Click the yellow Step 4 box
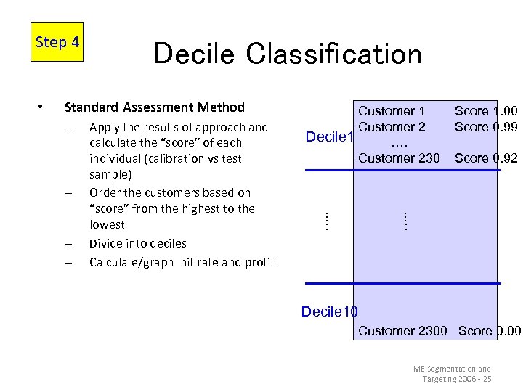(57, 42)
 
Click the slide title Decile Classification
(287, 54)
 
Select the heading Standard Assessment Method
(155, 107)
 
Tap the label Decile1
(329, 137)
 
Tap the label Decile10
(329, 311)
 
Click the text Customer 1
(392, 111)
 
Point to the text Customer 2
(392, 127)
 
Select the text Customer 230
(398, 158)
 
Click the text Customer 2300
(402, 331)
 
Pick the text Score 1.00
(486, 111)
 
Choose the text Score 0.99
(486, 127)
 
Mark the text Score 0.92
(486, 158)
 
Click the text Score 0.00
(490, 331)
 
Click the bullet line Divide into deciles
(137, 243)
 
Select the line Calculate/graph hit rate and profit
(182, 262)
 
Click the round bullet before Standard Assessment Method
(41, 107)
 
